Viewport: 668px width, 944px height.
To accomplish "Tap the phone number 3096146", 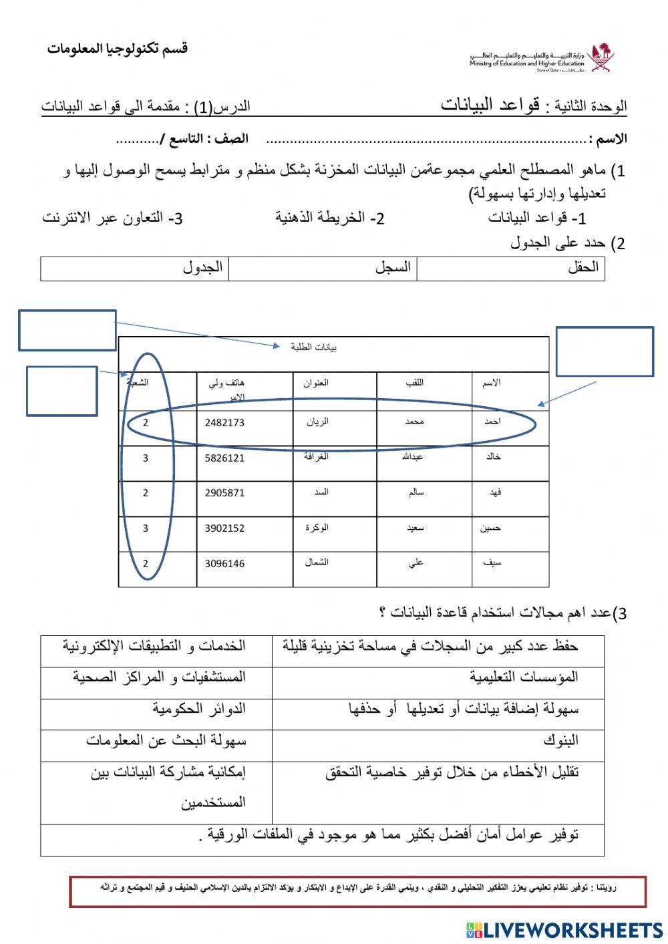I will click(x=224, y=564).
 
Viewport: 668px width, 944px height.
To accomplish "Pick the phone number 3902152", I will click(x=224, y=528).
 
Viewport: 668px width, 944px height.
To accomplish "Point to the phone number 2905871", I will click(x=224, y=493).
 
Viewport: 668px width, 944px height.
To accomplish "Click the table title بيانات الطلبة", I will click(x=314, y=347).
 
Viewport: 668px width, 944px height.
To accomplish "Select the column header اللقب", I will click(x=415, y=383).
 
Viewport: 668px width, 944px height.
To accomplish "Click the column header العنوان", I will click(x=316, y=383).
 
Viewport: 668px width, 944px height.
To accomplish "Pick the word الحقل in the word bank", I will click(x=582, y=268).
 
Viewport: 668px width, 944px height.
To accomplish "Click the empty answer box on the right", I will click(x=604, y=351).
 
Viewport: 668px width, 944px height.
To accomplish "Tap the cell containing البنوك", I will click(x=560, y=740).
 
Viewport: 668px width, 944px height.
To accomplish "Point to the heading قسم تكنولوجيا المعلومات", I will click(x=118, y=49).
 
